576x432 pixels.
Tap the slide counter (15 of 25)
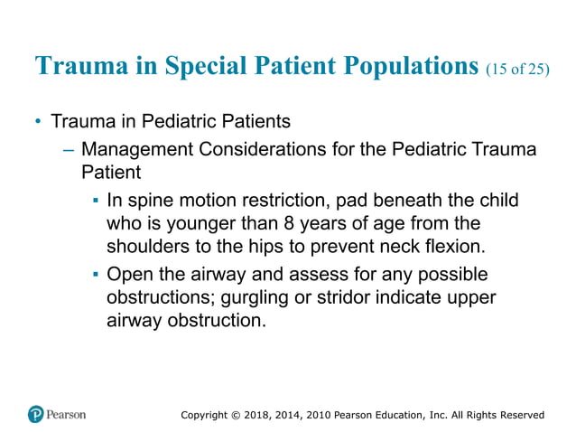point(517,69)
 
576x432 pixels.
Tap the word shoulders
point(146,246)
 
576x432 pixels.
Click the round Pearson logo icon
point(35,414)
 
